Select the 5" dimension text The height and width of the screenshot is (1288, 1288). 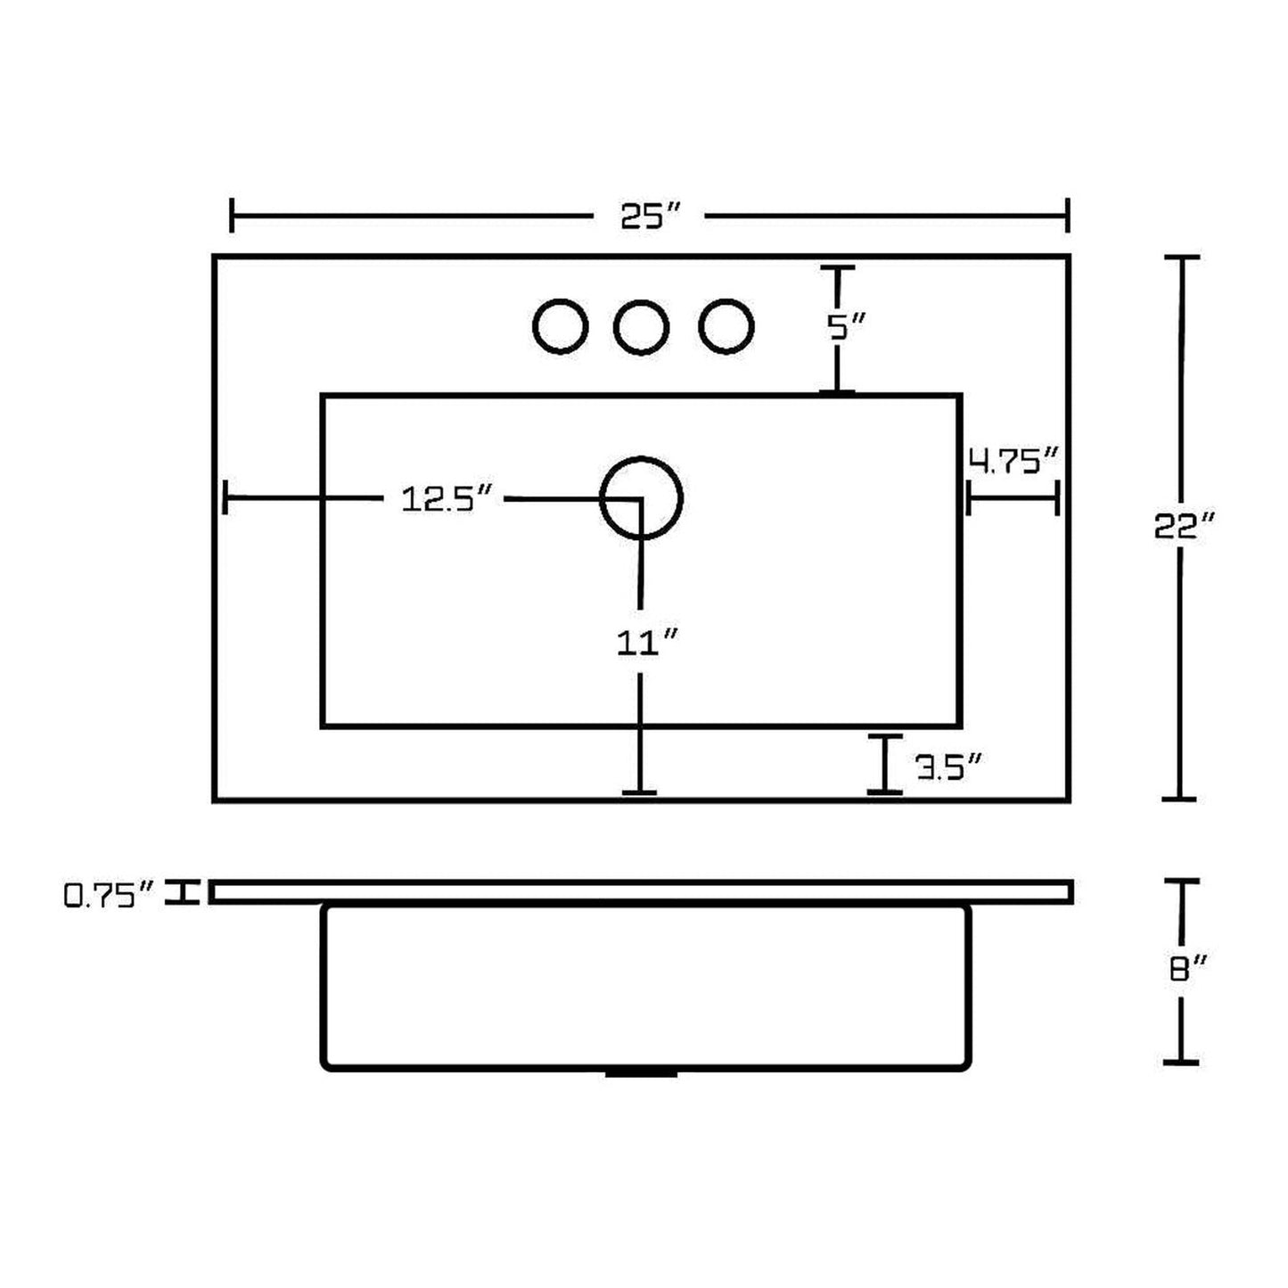coord(846,327)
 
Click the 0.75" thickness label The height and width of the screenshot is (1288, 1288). coord(109,895)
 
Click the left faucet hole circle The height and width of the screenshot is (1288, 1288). coord(560,326)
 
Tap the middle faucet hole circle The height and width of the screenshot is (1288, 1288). coord(641,327)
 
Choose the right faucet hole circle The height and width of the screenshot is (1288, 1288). coord(726,326)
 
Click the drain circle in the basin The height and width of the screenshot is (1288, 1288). coord(641,498)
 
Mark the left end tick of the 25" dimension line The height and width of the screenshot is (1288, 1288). coord(231,215)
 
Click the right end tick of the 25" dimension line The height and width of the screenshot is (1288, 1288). coord(1068,215)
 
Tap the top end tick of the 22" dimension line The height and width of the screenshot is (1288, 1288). coord(1182,257)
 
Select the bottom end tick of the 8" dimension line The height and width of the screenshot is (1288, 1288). coord(1182,1062)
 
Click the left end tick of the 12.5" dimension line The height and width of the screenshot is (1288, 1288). coord(226,497)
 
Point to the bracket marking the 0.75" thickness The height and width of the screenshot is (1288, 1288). coord(182,893)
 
